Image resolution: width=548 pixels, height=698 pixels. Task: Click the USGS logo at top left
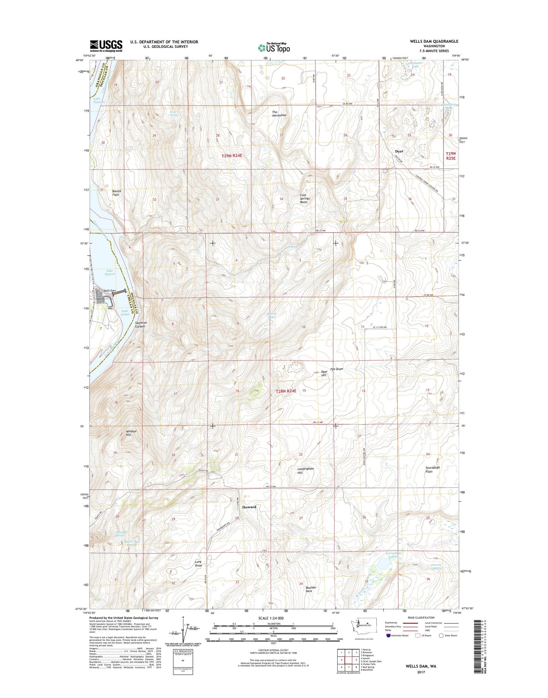[x=106, y=46]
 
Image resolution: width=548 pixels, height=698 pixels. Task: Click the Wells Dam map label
[x=109, y=291]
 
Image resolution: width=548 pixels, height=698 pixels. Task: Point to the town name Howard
[x=249, y=507]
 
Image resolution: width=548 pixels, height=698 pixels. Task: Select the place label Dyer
[x=399, y=151]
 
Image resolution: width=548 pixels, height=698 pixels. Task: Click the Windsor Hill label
[x=131, y=433]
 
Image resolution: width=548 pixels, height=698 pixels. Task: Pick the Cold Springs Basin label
[x=305, y=198]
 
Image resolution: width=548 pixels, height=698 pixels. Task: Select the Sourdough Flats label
[x=433, y=469]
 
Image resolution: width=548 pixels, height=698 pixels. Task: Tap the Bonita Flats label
[x=116, y=193]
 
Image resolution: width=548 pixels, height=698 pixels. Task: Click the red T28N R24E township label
[x=286, y=391]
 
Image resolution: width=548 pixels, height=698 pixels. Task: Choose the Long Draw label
[x=198, y=563]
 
